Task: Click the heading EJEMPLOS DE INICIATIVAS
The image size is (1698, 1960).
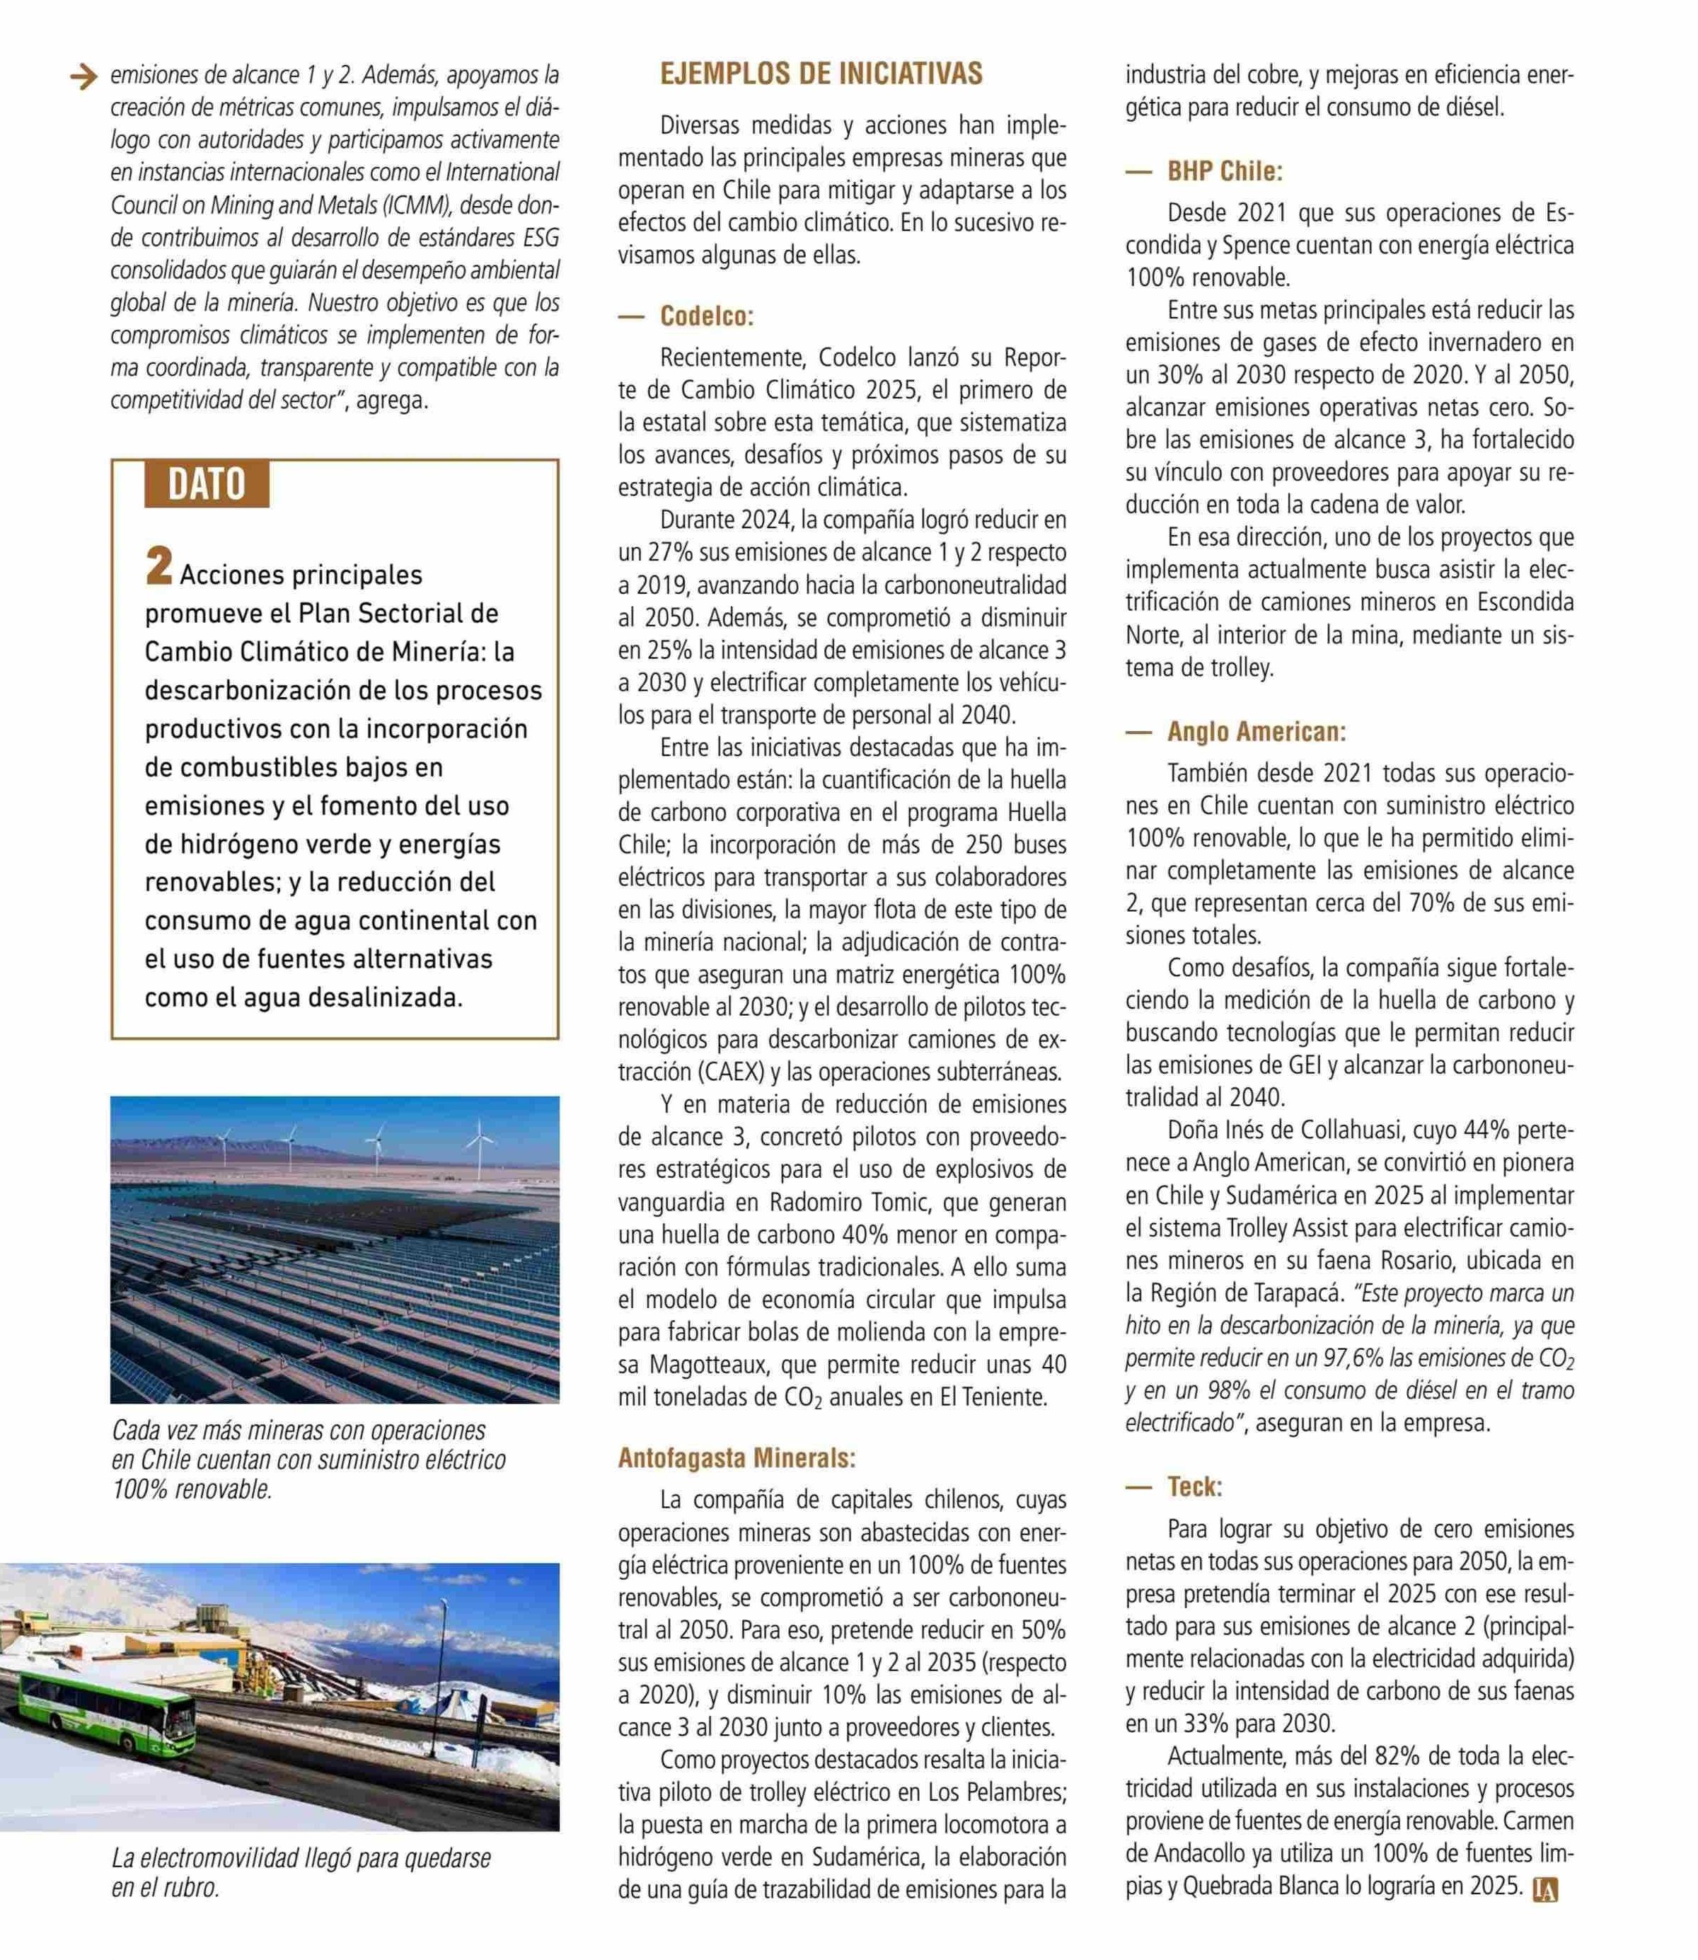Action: [821, 74]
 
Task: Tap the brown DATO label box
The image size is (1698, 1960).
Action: [207, 484]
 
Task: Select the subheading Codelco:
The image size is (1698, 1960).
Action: [706, 316]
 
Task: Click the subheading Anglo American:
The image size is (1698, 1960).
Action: [1256, 732]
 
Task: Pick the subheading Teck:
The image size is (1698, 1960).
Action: [1194, 1487]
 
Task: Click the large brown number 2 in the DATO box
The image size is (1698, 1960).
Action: [159, 568]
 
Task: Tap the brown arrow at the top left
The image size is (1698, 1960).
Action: [84, 76]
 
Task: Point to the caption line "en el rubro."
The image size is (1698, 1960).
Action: [165, 1888]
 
